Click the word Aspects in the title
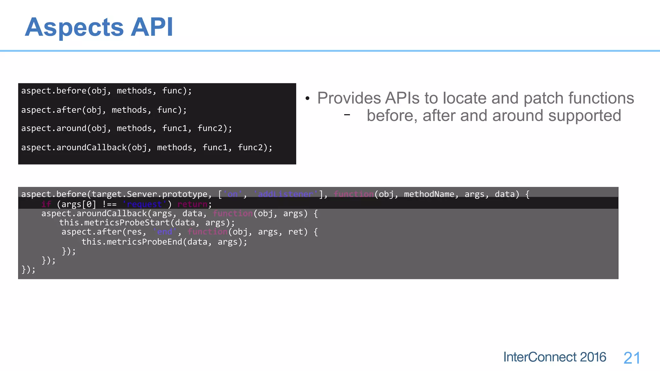[x=74, y=27]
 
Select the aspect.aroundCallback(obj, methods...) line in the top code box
[x=147, y=147]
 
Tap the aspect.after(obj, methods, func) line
[x=104, y=110]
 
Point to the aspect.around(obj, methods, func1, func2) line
[x=126, y=128]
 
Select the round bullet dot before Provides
[x=307, y=99]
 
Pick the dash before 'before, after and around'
[x=347, y=115]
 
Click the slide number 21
[x=632, y=358]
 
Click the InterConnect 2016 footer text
[x=555, y=357]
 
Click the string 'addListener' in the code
[x=286, y=194]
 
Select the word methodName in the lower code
[x=429, y=194]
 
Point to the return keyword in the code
[x=192, y=204]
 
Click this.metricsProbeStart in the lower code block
[x=114, y=223]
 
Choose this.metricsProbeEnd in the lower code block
[x=132, y=242]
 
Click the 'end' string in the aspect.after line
[x=165, y=232]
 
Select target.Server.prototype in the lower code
[x=150, y=194]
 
